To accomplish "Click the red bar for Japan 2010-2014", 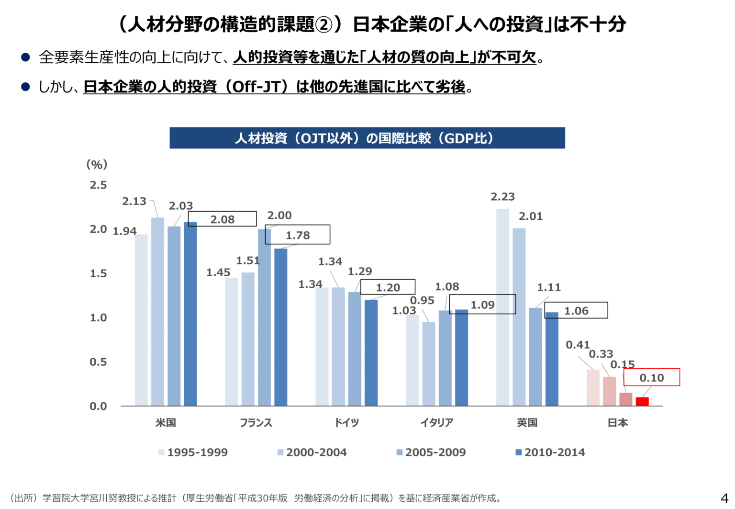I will coord(642,402).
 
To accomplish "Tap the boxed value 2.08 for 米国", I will coord(223,219).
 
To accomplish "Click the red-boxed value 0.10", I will coord(652,378).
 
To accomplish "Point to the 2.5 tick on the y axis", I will coord(98,185).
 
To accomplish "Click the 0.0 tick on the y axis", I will coord(98,407).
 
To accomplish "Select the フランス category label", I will coord(256,423).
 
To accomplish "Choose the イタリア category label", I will coord(437,423).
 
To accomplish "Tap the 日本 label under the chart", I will coord(618,423).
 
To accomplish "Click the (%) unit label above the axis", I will coord(97,165).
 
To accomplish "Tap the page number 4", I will coord(724,498).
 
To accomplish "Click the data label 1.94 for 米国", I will coord(124,231).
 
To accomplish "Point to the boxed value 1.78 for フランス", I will coord(298,235).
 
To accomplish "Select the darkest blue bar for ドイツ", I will coord(371,353).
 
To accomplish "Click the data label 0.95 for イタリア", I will coord(422,300).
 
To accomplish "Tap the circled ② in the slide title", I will coord(324,24).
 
